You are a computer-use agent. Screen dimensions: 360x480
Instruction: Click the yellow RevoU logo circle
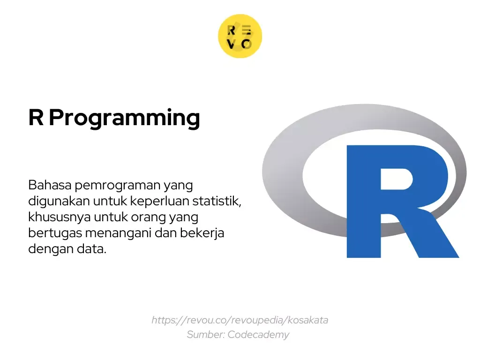240,36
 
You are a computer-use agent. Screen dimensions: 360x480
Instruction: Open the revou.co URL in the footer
240,320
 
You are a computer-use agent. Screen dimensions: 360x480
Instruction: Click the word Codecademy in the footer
258,335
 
